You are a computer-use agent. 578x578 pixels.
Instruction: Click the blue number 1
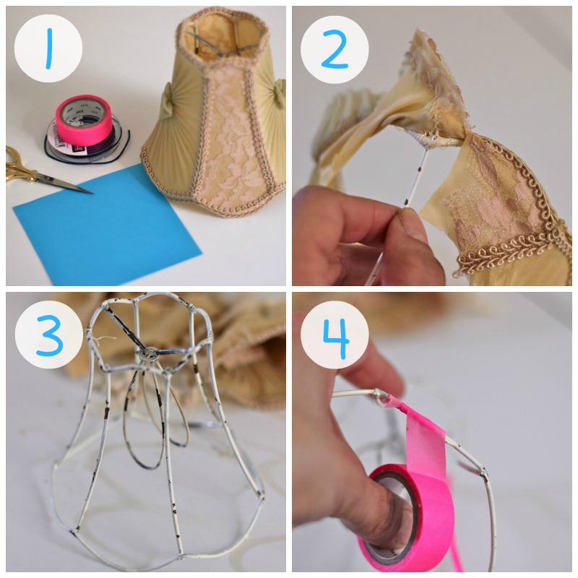point(49,48)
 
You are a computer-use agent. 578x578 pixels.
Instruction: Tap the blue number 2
point(335,49)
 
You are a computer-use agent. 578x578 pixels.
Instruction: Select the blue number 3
point(49,335)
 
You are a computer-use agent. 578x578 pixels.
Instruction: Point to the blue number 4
point(336,338)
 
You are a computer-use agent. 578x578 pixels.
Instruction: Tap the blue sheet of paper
point(107,225)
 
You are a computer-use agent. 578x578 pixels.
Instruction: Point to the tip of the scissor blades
point(92,192)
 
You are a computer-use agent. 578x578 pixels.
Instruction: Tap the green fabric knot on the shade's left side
point(167,100)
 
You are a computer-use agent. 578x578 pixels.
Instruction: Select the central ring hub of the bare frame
point(150,354)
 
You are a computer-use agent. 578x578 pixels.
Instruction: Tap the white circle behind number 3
point(48,335)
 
